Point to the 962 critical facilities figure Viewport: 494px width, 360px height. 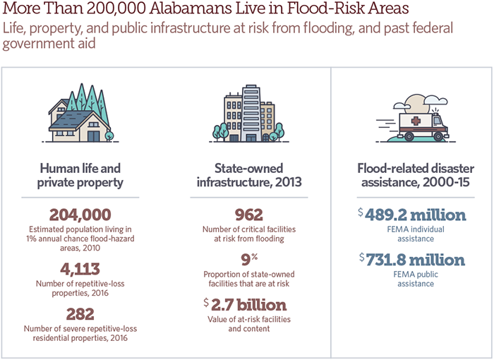point(248,215)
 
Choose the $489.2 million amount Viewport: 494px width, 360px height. point(412,215)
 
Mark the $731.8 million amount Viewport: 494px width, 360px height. point(412,260)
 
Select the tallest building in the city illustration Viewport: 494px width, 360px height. point(251,113)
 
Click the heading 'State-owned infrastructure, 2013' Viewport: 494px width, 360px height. point(248,175)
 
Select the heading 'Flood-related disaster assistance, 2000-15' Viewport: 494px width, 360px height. point(412,175)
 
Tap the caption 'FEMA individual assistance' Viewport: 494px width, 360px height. point(412,234)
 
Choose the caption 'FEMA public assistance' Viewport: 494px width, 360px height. point(412,279)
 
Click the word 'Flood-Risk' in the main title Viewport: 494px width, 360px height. point(311,11)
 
